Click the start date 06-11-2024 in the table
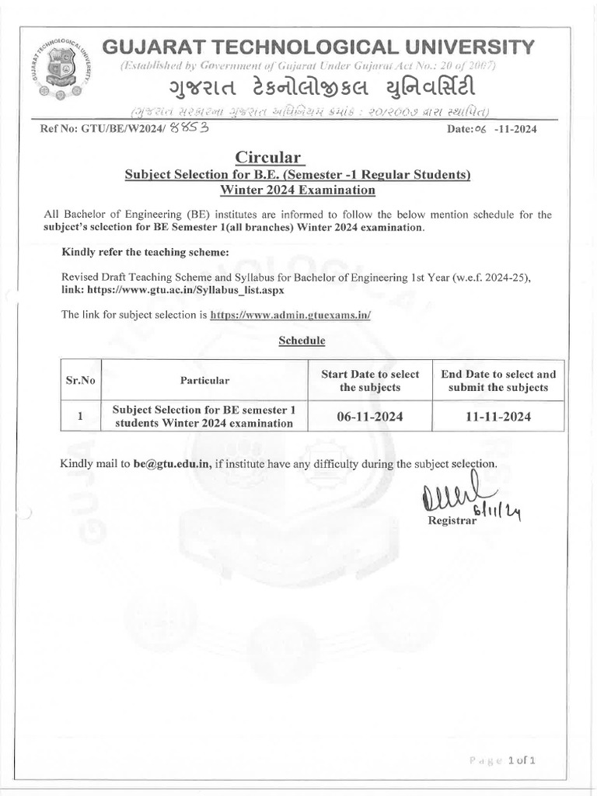pyautogui.click(x=369, y=417)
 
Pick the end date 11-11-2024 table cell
pyautogui.click(x=498, y=417)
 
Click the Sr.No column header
pyautogui.click(x=80, y=380)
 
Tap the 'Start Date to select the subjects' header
pyautogui.click(x=369, y=380)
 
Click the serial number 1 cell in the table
pyautogui.click(x=80, y=417)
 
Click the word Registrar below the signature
pyautogui.click(x=452, y=520)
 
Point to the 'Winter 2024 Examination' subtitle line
pyautogui.click(x=298, y=190)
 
